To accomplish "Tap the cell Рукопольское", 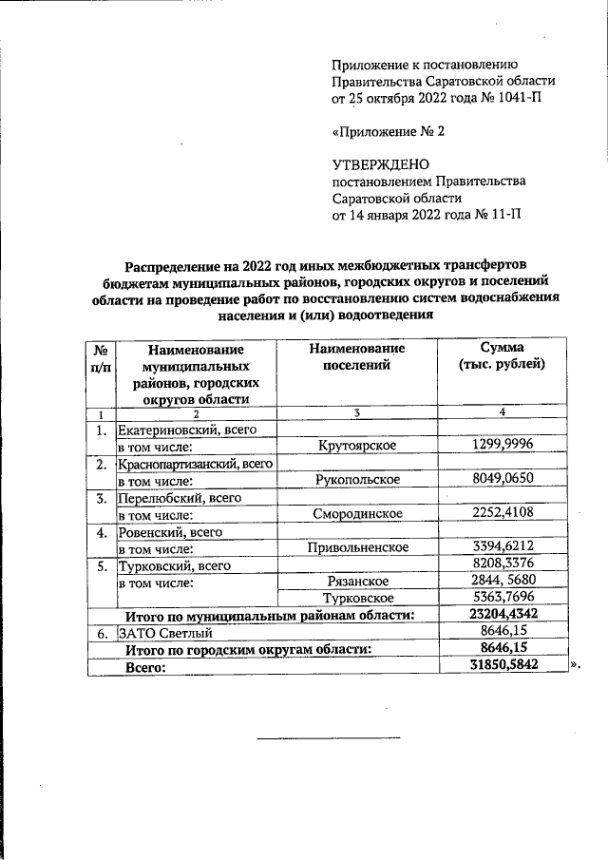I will pyautogui.click(x=356, y=480).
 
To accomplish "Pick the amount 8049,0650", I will pyautogui.click(x=501, y=480).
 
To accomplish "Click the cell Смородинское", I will pyautogui.click(x=356, y=514).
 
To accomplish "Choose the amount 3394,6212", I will pyautogui.click(x=501, y=548).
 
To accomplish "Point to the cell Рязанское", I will pyautogui.click(x=356, y=582).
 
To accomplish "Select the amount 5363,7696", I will pyautogui.click(x=501, y=599).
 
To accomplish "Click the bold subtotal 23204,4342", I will pyautogui.click(x=501, y=615).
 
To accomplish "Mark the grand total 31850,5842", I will pyautogui.click(x=501, y=666).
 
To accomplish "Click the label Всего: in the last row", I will pyautogui.click(x=146, y=667).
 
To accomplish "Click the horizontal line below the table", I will pyautogui.click(x=329, y=738).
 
